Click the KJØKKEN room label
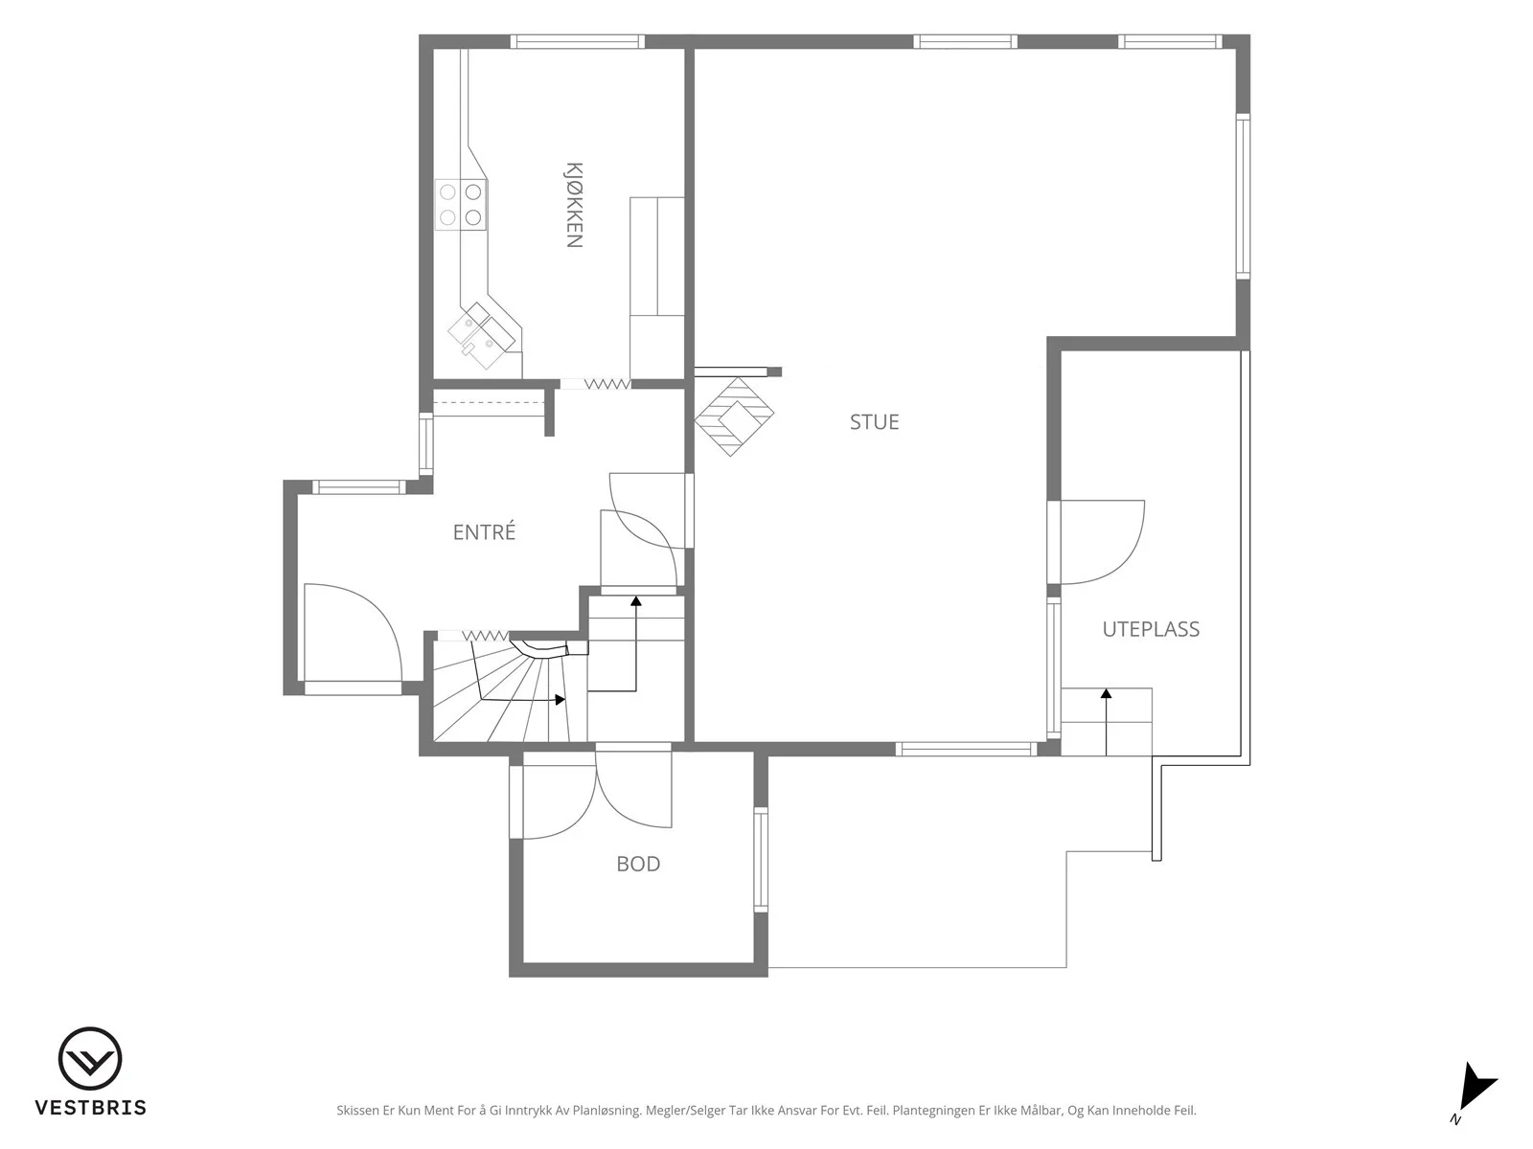[574, 205]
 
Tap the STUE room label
[874, 422]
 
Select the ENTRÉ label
[484, 531]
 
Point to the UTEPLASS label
[1151, 629]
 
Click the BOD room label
[638, 865]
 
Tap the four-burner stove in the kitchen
[461, 204]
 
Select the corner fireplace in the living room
[733, 417]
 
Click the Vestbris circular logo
[90, 1058]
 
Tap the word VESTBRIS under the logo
[91, 1107]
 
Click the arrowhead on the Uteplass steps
[1107, 693]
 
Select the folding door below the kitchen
[595, 384]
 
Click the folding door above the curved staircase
[472, 636]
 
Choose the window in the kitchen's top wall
[577, 42]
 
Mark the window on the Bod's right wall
[761, 860]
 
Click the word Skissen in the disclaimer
[357, 1110]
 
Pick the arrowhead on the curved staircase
[561, 699]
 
